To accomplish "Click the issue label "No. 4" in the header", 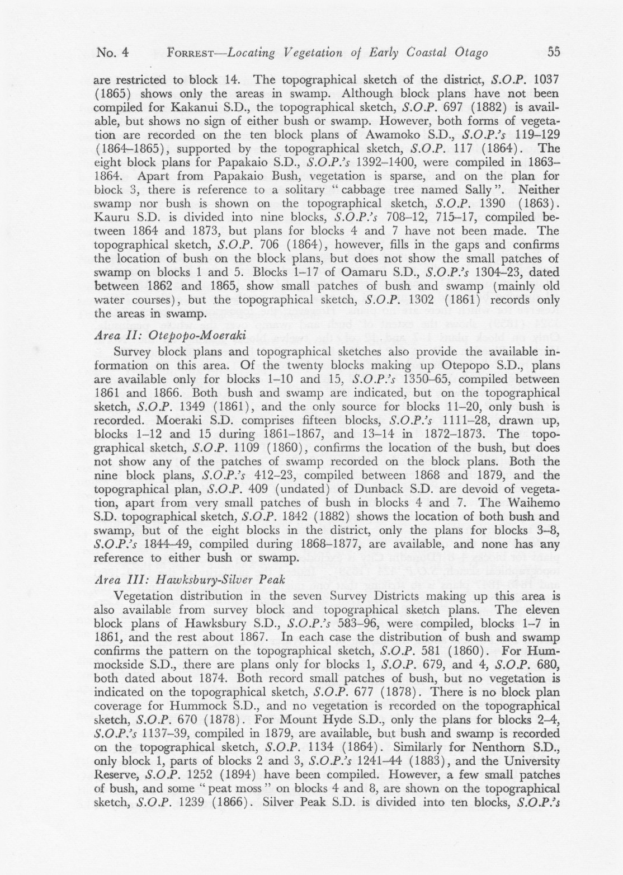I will click(x=112, y=53).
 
